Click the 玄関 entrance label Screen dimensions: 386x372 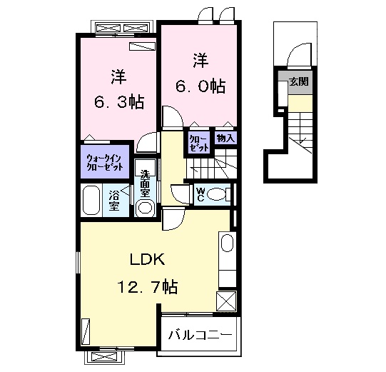299,81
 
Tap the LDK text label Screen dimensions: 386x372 147,259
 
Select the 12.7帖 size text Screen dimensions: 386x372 148,286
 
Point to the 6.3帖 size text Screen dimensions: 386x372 119,101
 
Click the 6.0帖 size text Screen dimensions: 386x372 200,86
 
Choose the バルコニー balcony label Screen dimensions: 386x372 200,335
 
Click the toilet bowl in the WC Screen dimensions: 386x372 216,195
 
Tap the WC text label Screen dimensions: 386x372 200,194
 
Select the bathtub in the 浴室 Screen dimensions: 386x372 91,201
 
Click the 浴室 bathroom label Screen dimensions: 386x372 114,201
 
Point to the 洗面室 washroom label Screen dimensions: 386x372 145,184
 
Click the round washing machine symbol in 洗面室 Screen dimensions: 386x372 145,208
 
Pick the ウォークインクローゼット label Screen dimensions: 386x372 105,162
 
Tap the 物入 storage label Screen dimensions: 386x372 225,139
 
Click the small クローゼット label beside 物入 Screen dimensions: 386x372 199,144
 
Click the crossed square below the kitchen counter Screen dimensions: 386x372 226,301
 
